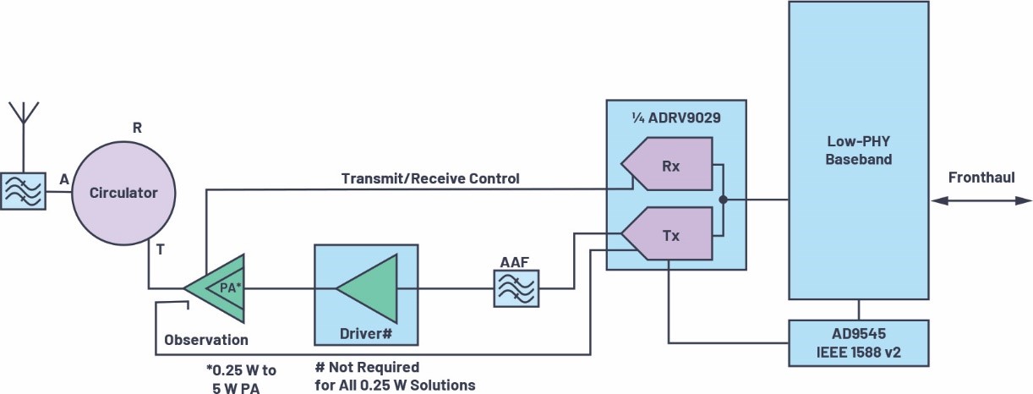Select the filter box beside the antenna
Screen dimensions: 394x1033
coord(23,192)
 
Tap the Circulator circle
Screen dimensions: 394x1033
coord(124,193)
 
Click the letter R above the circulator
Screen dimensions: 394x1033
coord(137,129)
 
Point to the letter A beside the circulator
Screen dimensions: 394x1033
coord(63,179)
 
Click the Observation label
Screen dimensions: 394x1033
coord(206,340)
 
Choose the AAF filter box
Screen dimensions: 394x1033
coord(517,288)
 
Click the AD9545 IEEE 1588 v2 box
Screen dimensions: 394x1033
coord(858,342)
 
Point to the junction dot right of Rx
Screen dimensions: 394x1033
coord(724,200)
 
